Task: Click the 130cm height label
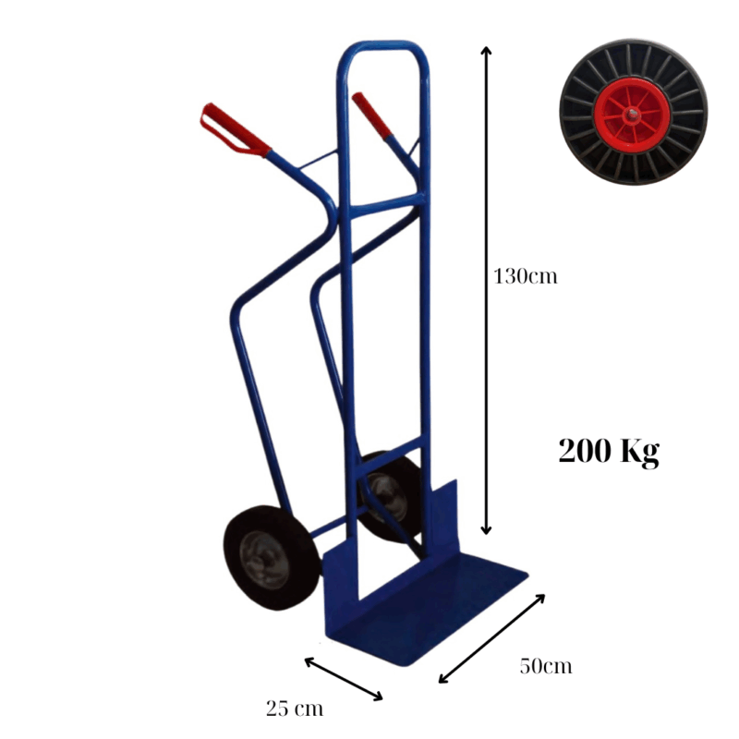pyautogui.click(x=525, y=276)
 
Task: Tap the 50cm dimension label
pyautogui.click(x=546, y=666)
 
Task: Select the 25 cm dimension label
pyautogui.click(x=295, y=709)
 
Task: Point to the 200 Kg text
pyautogui.click(x=609, y=452)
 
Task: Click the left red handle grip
pyautogui.click(x=235, y=129)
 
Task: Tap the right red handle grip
pyautogui.click(x=371, y=115)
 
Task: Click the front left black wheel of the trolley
pyautogui.click(x=272, y=558)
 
